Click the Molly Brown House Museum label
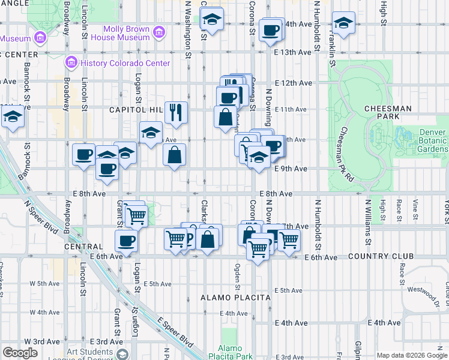(x=127, y=33)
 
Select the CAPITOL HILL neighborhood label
(x=136, y=110)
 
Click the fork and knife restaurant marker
(x=176, y=112)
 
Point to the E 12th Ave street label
(x=294, y=83)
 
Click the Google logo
(x=20, y=353)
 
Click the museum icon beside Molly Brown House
(x=158, y=31)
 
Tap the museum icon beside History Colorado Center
(x=71, y=62)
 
